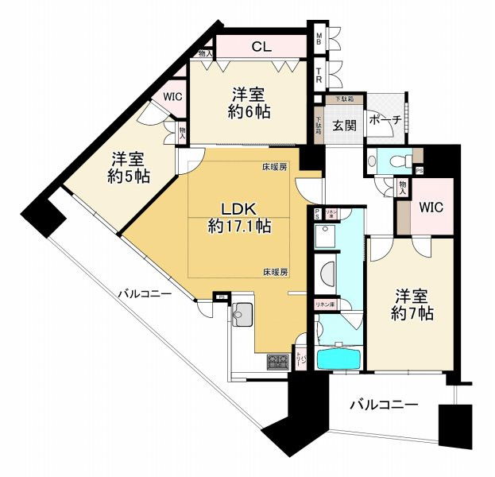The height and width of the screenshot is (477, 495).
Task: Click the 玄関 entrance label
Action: (x=344, y=126)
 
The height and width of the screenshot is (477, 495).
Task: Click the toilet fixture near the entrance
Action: (x=403, y=159)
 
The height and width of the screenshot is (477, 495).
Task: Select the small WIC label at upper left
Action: (x=172, y=97)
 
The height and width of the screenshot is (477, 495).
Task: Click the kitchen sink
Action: (x=242, y=315)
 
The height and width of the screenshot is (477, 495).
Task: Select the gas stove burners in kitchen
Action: (x=278, y=363)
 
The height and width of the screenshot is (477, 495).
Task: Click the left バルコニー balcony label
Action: (x=145, y=295)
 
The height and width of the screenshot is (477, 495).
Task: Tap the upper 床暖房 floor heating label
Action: (x=275, y=168)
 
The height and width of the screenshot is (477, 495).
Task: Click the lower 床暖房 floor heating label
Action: (x=275, y=272)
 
